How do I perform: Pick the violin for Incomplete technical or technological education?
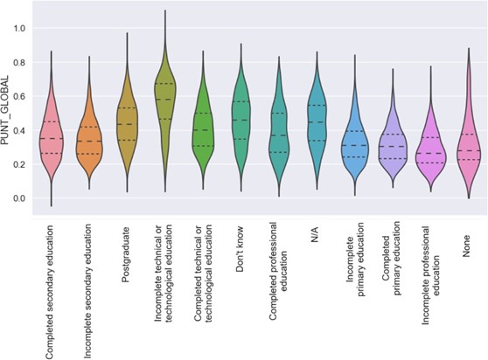164,100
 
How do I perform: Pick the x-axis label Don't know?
240,248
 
